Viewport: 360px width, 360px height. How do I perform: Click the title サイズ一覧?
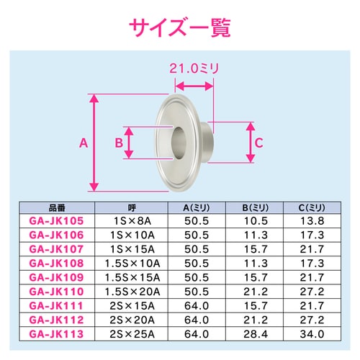tap(180, 27)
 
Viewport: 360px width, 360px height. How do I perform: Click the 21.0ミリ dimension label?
tap(194, 68)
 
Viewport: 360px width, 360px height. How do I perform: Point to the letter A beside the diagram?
tap(84, 143)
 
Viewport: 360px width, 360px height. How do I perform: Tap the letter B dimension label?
tap(119, 143)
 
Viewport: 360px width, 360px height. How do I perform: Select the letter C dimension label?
tap(258, 143)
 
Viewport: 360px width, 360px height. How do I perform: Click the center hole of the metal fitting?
tap(179, 143)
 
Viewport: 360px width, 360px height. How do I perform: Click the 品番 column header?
tap(57, 208)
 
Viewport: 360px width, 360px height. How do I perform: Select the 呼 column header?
tap(132, 208)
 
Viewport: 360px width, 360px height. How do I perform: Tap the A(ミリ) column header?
tap(197, 208)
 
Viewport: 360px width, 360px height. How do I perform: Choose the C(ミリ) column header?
tap(312, 208)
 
